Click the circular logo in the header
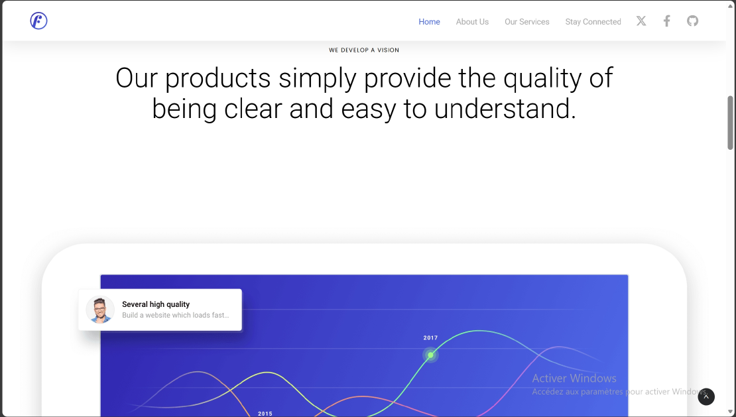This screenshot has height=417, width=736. tap(38, 21)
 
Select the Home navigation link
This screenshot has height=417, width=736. tap(429, 22)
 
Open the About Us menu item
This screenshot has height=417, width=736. tap(472, 22)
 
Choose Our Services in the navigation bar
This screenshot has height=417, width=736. tap(526, 22)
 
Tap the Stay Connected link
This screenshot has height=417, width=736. tap(593, 22)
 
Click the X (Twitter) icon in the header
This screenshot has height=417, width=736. tap(641, 21)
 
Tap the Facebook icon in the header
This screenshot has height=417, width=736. tap(667, 21)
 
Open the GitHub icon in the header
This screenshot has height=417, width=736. tap(692, 21)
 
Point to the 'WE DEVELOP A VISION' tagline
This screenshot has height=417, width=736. tap(364, 50)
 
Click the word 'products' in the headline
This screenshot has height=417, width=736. tap(218, 78)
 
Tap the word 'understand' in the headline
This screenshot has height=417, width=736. tap(505, 109)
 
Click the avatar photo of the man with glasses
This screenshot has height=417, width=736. tap(100, 310)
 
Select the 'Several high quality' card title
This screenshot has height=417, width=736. tap(156, 304)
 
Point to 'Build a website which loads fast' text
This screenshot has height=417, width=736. tap(175, 316)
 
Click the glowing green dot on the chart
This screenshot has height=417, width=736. tap(430, 355)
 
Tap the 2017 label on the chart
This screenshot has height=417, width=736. tap(430, 338)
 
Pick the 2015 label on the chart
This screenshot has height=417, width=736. tap(265, 414)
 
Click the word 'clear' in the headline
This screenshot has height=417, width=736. tap(253, 109)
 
